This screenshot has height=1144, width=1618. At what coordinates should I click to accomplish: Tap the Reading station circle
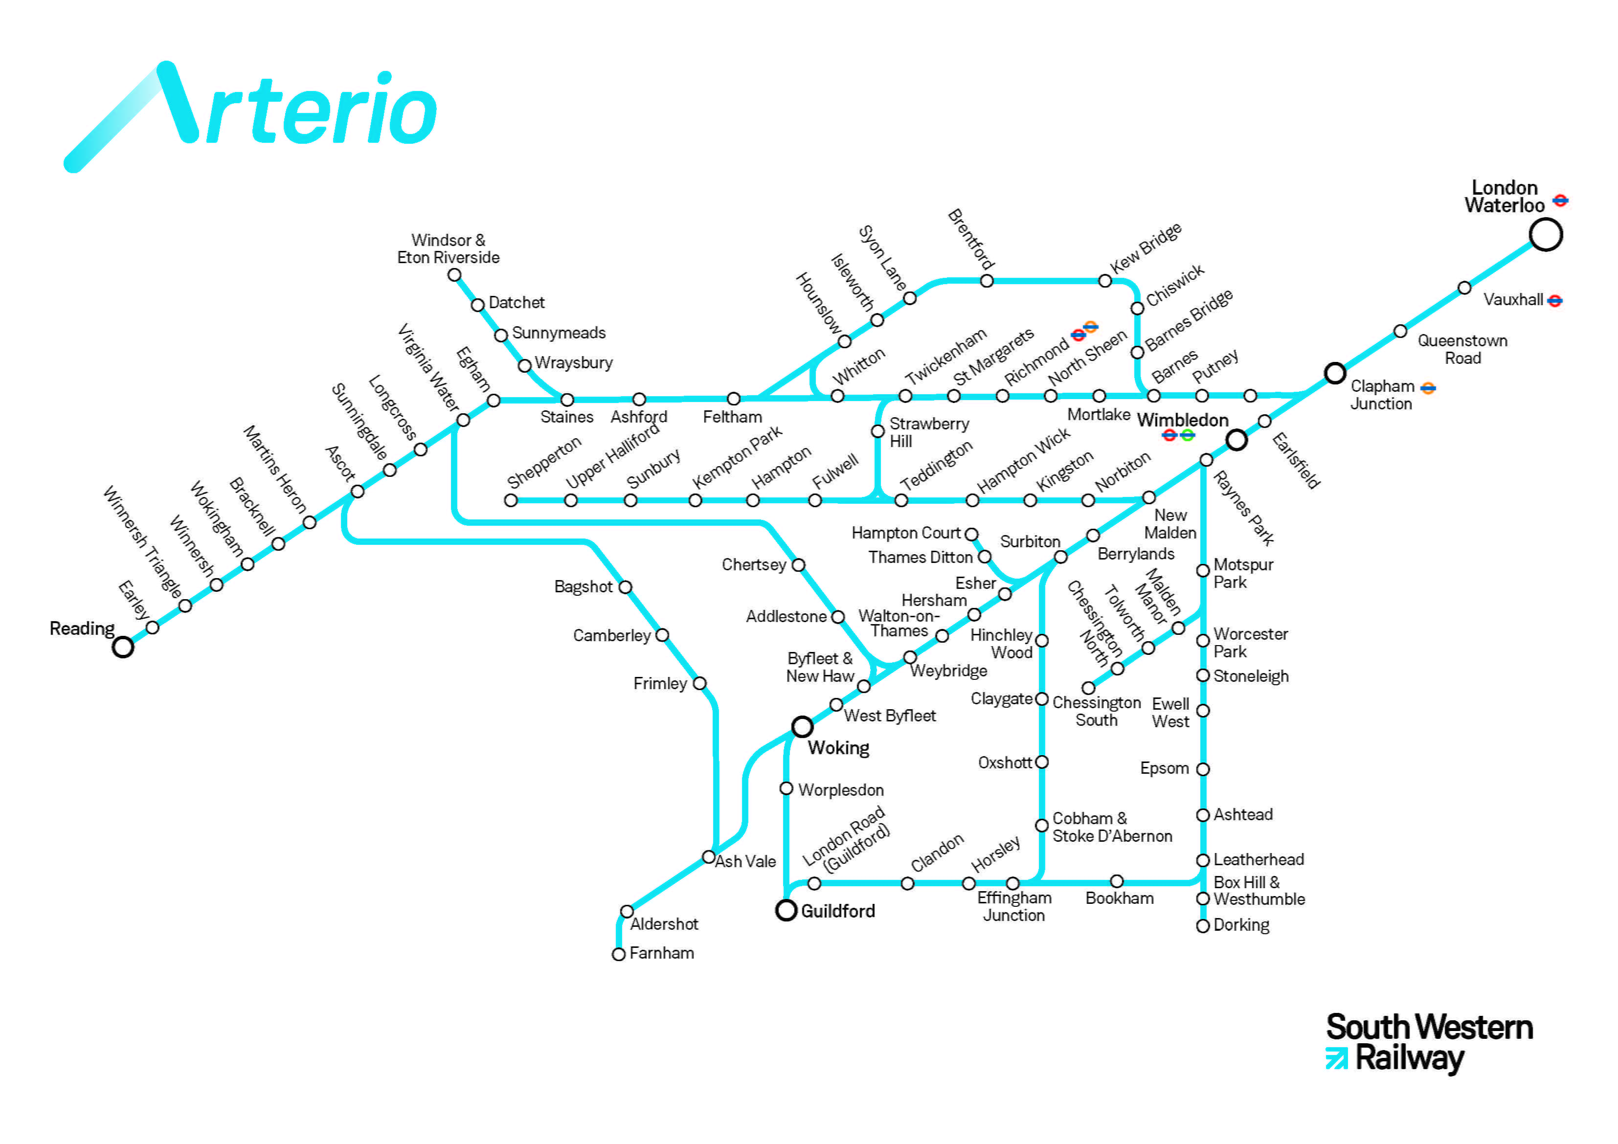[x=123, y=647]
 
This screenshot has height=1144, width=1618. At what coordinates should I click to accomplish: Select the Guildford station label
[x=837, y=911]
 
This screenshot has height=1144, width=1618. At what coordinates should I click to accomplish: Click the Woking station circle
[x=802, y=726]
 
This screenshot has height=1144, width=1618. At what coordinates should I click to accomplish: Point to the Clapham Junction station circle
[x=1335, y=373]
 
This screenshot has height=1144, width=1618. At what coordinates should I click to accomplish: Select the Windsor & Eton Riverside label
[x=448, y=249]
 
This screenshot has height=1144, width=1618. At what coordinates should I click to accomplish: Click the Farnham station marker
[x=619, y=954]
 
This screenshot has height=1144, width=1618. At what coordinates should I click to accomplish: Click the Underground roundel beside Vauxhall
[x=1554, y=301]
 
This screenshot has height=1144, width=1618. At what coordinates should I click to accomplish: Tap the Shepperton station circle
[x=511, y=500]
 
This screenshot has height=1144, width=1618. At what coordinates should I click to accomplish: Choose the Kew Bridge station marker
[x=1105, y=281]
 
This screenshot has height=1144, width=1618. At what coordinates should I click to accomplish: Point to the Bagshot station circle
[x=625, y=587]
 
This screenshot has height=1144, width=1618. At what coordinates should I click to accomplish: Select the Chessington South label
[x=1097, y=711]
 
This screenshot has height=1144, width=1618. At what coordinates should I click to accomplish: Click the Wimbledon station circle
[x=1236, y=440]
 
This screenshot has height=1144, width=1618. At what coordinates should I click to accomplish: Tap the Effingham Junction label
[x=1014, y=906]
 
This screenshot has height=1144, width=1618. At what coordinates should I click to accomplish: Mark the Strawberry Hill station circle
[x=877, y=431]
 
